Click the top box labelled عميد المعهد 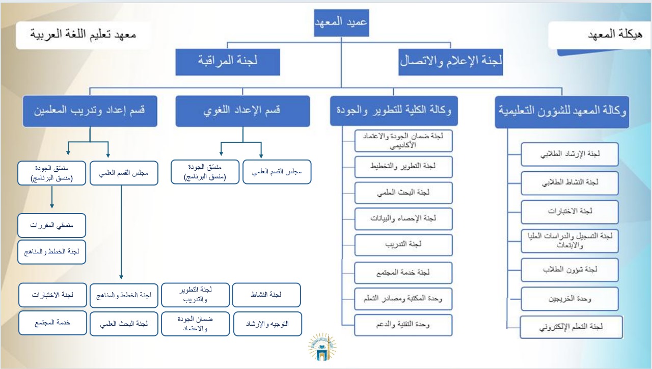pyautogui.click(x=341, y=23)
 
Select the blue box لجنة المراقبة pyautogui.click(x=227, y=61)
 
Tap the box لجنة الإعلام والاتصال pyautogui.click(x=451, y=61)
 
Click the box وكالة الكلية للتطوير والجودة pyautogui.click(x=394, y=111)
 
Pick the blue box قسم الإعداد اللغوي pyautogui.click(x=242, y=111)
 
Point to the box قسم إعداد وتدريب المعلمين pyautogui.click(x=90, y=111)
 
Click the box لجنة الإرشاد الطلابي pyautogui.click(x=569, y=154)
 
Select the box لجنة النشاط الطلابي pyautogui.click(x=569, y=182)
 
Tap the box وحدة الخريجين pyautogui.click(x=569, y=299)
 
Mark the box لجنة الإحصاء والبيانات pyautogui.click(x=403, y=219)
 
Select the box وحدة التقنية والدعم pyautogui.click(x=403, y=324)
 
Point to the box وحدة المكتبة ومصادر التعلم pyautogui.click(x=403, y=299)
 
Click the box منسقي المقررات pyautogui.click(x=51, y=225)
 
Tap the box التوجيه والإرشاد pyautogui.click(x=267, y=324)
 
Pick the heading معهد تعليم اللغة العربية pyautogui.click(x=83, y=35)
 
